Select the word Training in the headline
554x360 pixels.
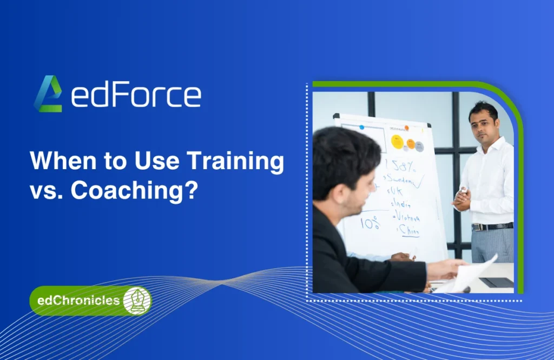tap(239, 161)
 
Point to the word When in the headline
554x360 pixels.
tap(57, 161)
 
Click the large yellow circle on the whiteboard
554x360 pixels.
tap(398, 142)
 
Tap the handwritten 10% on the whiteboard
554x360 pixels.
tap(371, 222)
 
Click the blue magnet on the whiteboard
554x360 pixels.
tap(362, 128)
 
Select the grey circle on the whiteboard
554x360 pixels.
tap(419, 146)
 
